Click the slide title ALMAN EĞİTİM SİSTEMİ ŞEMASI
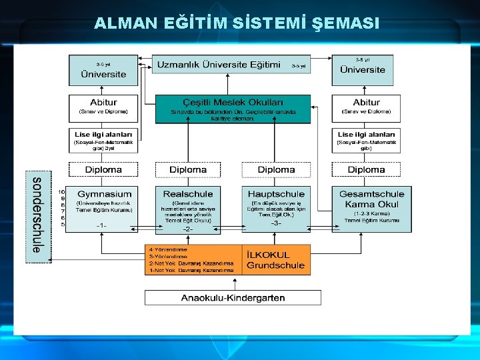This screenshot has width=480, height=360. coord(237,24)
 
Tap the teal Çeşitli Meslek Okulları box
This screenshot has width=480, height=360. coord(233,109)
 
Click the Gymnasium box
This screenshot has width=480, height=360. coord(103,208)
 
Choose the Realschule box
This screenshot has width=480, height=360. coord(188,208)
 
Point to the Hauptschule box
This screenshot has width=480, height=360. coord(276,208)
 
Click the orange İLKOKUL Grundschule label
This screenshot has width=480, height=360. coord(276,260)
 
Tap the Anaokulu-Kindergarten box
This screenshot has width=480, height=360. coord(233,297)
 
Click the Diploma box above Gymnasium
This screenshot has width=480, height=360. coord(103,169)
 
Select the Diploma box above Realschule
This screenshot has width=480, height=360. coord(188,169)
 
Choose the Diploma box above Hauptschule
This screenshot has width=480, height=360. coord(276,169)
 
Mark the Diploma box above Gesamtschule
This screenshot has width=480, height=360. coord(366,169)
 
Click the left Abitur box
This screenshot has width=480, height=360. coord(103,107)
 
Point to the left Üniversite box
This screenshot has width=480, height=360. coord(103,71)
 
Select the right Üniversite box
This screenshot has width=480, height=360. coord(363,69)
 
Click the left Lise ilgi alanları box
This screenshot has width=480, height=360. coord(103,139)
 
